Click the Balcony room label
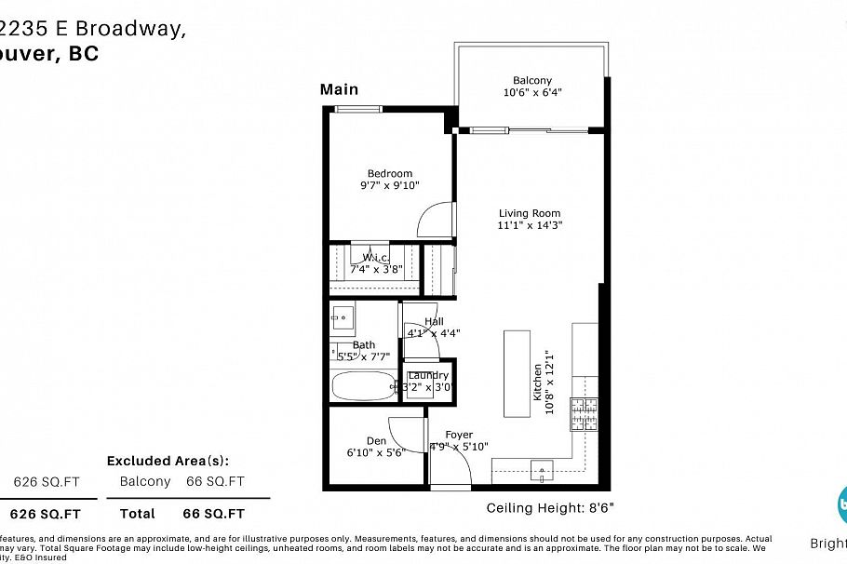531,80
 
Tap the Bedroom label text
389,173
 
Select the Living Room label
531,212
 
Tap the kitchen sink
541,471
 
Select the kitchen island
518,372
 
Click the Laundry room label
428,376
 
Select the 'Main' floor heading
339,89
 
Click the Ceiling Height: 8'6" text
550,508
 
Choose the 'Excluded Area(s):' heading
168,461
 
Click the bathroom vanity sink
342,319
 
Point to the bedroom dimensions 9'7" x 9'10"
389,185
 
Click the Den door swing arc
408,430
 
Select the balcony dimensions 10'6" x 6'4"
532,92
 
